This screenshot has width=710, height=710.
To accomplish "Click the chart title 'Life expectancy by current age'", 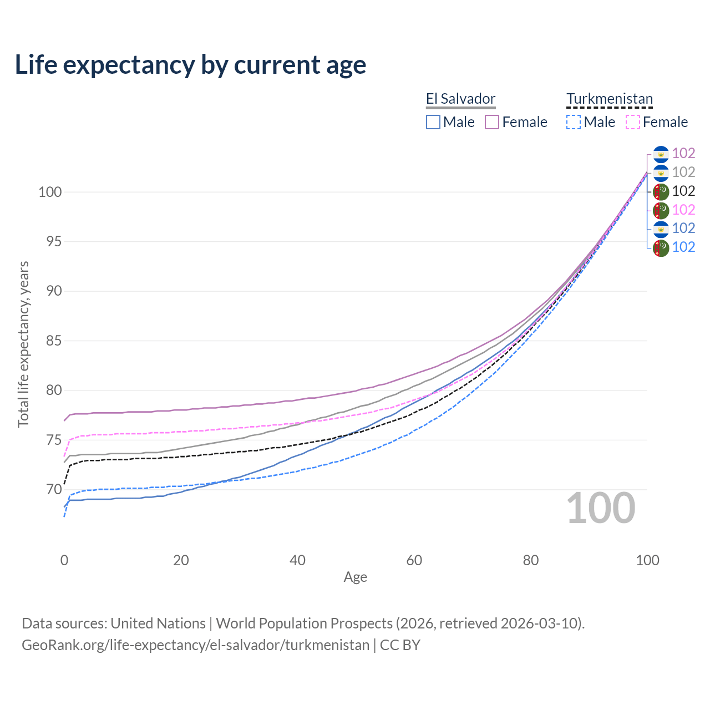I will point(190,65).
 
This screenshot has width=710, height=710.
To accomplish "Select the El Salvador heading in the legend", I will point(460,99).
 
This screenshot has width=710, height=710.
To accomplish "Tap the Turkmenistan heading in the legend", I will point(610,99).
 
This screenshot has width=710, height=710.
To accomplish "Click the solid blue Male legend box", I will point(433,122).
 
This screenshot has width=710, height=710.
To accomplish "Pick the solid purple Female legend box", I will point(492,122).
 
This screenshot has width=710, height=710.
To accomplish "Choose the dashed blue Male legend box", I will point(574,122).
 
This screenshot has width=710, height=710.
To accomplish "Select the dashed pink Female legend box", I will point(633,122).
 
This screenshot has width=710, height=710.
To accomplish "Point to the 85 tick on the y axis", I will point(54,341).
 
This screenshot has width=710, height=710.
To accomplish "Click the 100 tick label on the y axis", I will point(50,192).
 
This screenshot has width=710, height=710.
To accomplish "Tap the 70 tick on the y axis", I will point(54,490).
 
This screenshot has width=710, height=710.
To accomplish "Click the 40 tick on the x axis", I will point(298,560).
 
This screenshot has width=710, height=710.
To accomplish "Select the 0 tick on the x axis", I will point(64,560).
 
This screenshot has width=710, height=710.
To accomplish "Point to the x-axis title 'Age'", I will point(356,577).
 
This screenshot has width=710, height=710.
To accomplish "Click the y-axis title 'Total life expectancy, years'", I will point(23,344).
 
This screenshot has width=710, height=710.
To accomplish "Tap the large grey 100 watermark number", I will point(601,508).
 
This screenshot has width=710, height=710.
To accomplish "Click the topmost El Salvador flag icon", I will point(661,154).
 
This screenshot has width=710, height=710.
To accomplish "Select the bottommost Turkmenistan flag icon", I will point(661,247).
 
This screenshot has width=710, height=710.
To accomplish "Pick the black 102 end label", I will point(683,191).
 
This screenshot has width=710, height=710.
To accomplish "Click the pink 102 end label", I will point(683,210).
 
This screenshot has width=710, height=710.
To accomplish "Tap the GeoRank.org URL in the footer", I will point(195,645).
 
